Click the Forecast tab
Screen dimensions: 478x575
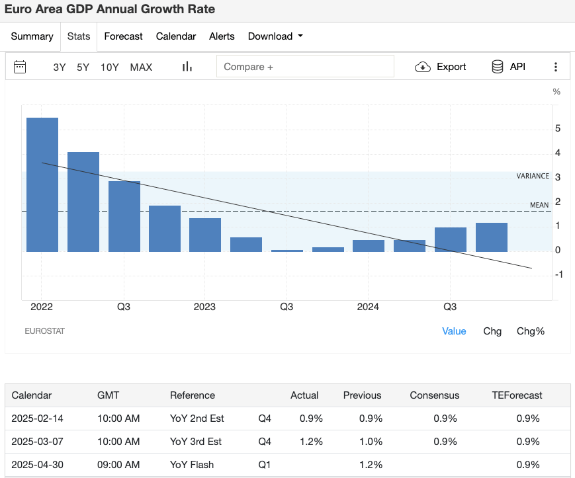[123, 36]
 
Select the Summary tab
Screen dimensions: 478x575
[32, 36]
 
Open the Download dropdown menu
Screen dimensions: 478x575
[275, 36]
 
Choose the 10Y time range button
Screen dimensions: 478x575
[110, 67]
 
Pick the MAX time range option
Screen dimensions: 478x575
[141, 67]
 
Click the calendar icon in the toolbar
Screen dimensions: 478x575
[20, 67]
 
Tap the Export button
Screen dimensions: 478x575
[441, 67]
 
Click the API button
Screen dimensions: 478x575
[508, 67]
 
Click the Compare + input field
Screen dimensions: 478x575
[305, 67]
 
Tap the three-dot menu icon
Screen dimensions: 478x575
[556, 67]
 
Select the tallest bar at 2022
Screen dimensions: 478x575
[42, 184]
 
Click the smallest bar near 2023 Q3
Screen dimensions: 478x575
[287, 251]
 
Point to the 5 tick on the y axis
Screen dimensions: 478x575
[558, 128]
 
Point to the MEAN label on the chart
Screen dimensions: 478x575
[539, 205]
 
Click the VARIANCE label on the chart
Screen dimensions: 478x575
[533, 176]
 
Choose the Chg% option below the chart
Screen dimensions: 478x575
[531, 331]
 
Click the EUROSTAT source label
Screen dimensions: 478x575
[44, 331]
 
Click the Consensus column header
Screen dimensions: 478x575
[434, 395]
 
